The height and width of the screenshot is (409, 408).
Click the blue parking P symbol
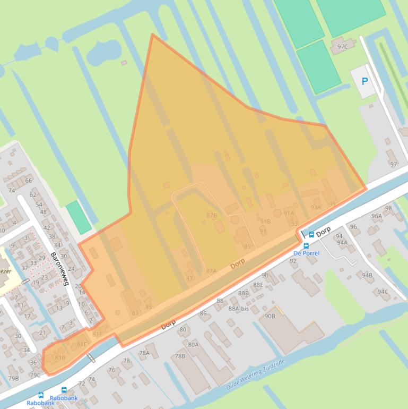coord(364,81)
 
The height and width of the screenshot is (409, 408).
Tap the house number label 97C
coord(343,47)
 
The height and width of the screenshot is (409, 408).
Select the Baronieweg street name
coord(60,268)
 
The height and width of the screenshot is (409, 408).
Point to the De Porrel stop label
coord(306,253)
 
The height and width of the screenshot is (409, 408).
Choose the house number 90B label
coord(270,316)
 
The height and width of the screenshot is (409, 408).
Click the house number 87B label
coord(212,215)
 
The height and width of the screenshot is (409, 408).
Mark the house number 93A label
coord(316,208)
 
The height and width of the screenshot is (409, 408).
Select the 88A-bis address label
coord(239,309)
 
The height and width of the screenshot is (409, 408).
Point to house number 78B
coord(180,356)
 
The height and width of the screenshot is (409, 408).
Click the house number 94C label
coord(383,292)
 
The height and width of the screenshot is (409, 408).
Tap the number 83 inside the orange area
coord(135,313)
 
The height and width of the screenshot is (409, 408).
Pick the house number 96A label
coord(377,216)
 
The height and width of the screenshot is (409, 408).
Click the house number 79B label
coord(13,378)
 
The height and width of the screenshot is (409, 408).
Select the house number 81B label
coord(60,358)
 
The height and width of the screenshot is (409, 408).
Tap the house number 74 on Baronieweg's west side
coord(12,191)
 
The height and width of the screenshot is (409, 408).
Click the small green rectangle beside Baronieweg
coord(79,217)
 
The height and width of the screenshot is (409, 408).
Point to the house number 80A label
coord(193,344)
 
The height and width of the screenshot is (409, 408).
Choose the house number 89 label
coord(247,246)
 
